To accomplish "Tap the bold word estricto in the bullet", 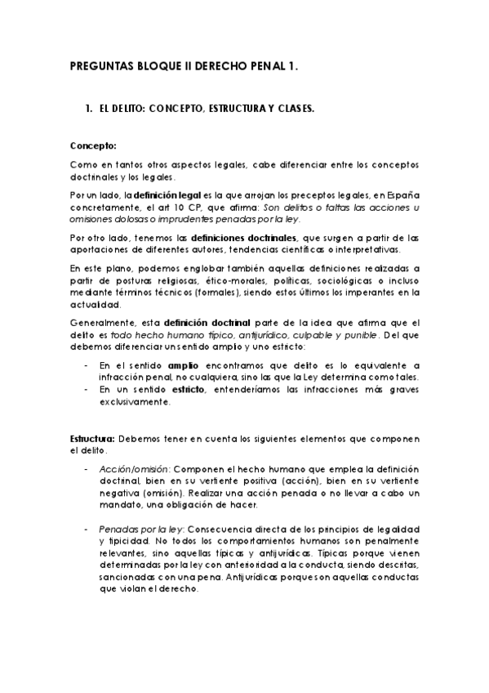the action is tap(188, 390).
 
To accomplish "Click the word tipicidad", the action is tap(127, 540).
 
